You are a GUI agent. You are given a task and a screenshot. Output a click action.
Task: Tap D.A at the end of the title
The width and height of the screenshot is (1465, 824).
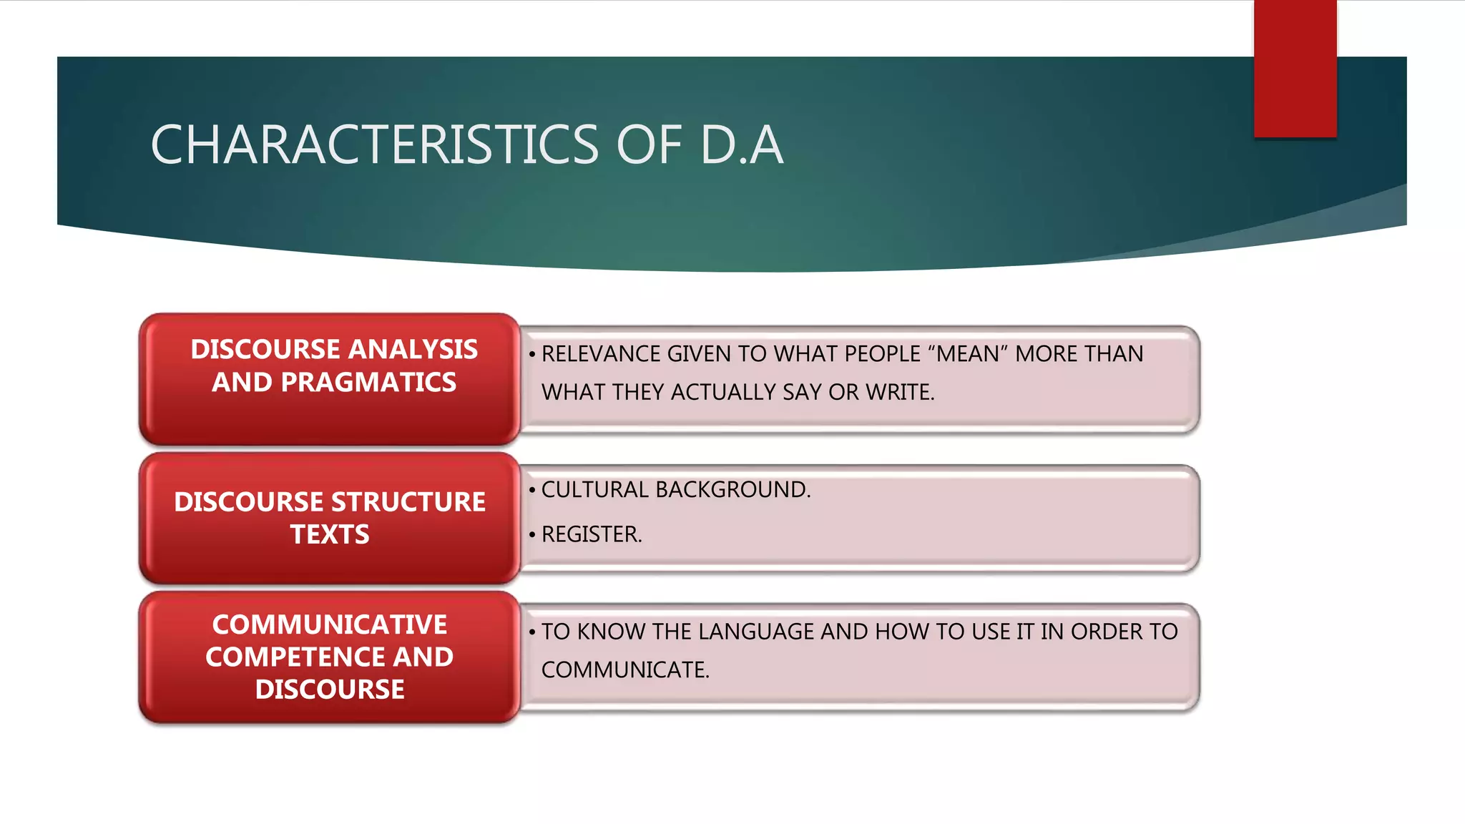point(742,145)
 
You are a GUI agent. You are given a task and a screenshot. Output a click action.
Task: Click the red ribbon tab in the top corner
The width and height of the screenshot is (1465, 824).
point(1295,68)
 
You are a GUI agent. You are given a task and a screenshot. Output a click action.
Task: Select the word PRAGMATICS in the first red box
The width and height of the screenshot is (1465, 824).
point(368,383)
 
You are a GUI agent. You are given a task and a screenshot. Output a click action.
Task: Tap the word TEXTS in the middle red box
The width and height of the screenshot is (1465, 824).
point(330,535)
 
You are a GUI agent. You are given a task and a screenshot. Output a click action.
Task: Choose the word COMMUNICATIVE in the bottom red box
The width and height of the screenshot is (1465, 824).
point(330,625)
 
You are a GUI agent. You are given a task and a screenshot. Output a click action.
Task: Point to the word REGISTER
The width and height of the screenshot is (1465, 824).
point(591,534)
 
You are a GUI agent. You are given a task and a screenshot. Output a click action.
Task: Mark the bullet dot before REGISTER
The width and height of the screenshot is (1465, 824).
point(532,535)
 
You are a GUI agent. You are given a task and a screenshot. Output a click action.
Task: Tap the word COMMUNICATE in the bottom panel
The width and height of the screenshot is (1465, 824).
point(624,670)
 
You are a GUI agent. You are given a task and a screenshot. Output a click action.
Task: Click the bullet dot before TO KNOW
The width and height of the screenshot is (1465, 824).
point(532,632)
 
